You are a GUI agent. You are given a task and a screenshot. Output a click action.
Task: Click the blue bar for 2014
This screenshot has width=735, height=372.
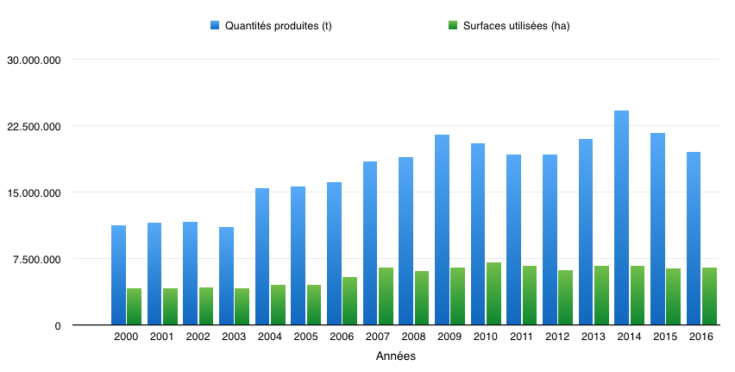pos(622,218)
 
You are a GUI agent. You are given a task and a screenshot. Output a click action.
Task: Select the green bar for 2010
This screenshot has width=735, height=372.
pos(493,293)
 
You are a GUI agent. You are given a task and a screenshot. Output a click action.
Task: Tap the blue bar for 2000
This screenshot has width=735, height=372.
pos(118,274)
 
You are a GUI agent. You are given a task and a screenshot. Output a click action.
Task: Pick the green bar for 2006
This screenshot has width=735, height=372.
pos(349,300)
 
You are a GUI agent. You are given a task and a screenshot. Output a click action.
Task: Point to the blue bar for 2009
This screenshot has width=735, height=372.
pos(442,230)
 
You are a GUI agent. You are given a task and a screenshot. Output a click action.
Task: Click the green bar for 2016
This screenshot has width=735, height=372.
pos(709,296)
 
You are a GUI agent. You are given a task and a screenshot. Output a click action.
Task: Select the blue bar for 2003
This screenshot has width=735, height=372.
pos(226,276)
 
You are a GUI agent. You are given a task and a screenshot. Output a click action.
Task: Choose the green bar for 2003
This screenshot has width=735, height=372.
pos(242,306)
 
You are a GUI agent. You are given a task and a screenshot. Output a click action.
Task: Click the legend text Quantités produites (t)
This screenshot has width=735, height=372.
pos(279,26)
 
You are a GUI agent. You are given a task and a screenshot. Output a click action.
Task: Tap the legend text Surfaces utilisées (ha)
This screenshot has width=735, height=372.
pos(517,26)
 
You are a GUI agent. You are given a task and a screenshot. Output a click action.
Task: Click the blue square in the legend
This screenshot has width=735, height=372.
pos(215,25)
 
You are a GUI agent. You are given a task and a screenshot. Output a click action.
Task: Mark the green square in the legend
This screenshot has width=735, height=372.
pos(453,25)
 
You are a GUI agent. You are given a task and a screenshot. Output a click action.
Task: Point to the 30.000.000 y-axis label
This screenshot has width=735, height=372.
pos(34,60)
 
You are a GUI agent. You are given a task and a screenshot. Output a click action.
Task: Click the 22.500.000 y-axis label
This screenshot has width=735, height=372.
pos(34,126)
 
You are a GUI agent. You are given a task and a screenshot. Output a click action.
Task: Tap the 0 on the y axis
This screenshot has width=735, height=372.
pos(58,326)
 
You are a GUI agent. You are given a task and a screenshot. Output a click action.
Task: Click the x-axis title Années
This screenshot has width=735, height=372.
pos(396,356)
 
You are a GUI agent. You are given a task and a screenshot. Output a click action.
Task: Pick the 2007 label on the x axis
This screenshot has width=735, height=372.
pos(378,337)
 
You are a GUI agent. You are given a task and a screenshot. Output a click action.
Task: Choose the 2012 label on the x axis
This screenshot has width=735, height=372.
pos(557,337)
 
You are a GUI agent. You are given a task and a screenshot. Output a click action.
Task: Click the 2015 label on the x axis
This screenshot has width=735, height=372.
pos(665,337)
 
